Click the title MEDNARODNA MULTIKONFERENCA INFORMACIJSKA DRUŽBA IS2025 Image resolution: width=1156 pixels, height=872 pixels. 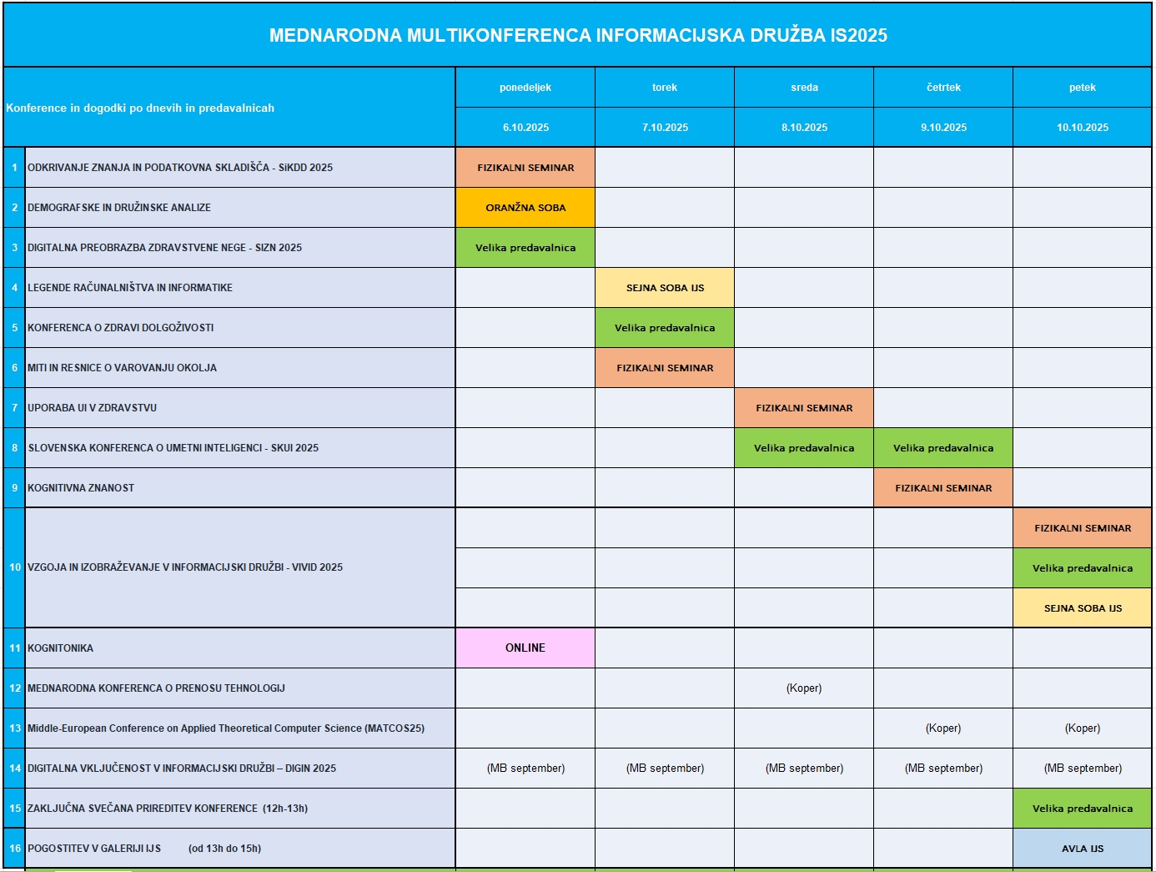[x=578, y=35]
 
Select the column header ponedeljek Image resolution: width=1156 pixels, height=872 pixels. [x=525, y=88]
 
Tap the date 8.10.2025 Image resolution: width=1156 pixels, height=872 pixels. [x=804, y=128]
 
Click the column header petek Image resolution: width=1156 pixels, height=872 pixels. [x=1083, y=88]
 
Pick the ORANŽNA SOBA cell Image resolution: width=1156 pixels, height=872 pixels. [x=525, y=208]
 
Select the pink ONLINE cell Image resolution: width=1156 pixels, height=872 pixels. [x=525, y=648]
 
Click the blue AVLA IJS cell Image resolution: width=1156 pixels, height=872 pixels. [x=1083, y=849]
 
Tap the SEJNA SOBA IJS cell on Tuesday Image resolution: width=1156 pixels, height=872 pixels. [x=665, y=288]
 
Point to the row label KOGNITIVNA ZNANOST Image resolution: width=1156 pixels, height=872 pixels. [x=81, y=488]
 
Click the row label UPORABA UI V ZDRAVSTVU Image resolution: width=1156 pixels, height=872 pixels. [x=92, y=408]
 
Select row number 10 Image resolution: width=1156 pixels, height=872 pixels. [x=15, y=567]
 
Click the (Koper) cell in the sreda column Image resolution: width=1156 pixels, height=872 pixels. [x=804, y=688]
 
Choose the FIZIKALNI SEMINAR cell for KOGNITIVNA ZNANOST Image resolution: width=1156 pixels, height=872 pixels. [x=943, y=488]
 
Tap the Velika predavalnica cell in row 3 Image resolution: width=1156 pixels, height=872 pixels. [x=525, y=248]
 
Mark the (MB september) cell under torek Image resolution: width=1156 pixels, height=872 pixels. [x=665, y=769]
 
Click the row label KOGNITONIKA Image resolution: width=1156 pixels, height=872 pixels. [x=60, y=648]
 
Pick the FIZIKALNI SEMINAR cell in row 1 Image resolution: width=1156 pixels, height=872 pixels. [x=525, y=168]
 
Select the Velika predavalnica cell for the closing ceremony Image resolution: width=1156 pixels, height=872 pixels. [x=1083, y=809]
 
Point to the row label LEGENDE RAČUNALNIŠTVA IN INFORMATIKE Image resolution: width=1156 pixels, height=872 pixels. [x=130, y=288]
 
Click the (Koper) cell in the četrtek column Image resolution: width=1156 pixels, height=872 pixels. [x=943, y=728]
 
